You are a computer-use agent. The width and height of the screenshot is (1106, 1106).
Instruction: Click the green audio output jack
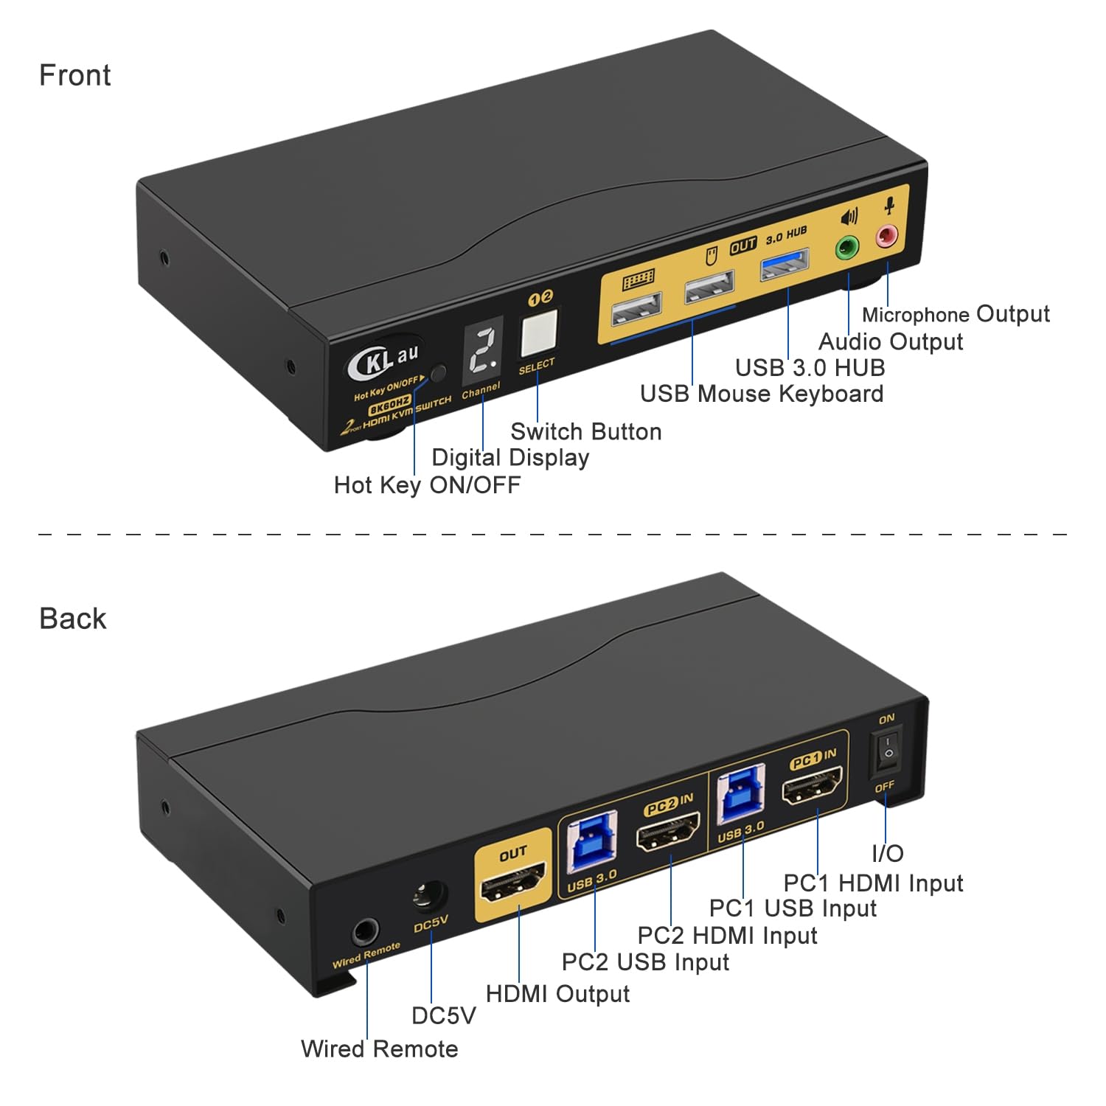(847, 248)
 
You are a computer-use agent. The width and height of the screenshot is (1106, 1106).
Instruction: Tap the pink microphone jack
(886, 237)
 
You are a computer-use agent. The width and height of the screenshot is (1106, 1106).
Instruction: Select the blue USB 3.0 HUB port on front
(785, 264)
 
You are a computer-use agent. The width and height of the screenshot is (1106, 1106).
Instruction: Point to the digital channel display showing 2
(483, 350)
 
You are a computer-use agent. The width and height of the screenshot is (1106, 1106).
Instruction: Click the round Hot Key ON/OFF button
(438, 373)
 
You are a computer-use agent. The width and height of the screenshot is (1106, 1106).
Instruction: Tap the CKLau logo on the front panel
(384, 359)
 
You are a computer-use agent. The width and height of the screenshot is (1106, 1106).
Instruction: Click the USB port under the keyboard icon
(636, 308)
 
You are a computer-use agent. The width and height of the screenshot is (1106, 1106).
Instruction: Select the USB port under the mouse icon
(709, 287)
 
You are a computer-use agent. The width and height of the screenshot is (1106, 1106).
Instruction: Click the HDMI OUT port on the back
(512, 882)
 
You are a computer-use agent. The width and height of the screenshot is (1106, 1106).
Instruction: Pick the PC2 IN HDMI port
(668, 832)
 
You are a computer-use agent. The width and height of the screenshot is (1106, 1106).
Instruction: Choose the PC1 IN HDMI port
(813, 787)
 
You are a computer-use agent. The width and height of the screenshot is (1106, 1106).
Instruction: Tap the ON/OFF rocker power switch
(888, 753)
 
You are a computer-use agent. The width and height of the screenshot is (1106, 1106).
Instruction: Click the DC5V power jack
(430, 896)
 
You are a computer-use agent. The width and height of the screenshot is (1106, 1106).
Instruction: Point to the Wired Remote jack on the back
(364, 932)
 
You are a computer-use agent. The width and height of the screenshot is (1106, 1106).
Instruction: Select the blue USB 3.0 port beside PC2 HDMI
(591, 841)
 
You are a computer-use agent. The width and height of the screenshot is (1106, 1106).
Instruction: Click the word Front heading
(74, 75)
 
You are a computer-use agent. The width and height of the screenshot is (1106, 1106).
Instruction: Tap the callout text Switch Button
(585, 431)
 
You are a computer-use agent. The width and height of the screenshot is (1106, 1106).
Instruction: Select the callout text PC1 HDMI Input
(873, 883)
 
